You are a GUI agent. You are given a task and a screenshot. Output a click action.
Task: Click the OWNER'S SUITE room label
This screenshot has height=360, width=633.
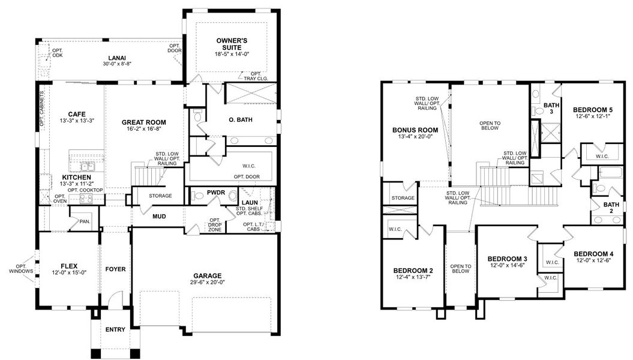point(232,43)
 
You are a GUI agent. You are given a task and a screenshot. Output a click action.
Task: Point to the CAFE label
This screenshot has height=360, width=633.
point(76,114)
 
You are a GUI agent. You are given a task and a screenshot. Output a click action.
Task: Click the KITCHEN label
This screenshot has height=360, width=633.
point(76,178)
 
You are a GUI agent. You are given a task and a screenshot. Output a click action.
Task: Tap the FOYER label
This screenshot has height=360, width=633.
point(115,269)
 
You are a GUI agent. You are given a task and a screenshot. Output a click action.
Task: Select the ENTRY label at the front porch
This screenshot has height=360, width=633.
point(115,329)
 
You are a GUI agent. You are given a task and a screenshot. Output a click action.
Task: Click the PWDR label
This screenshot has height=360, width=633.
point(215,193)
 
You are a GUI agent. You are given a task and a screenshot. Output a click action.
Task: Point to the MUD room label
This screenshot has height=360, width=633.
point(159,217)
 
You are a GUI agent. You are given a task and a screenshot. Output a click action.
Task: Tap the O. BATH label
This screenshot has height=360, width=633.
point(241,119)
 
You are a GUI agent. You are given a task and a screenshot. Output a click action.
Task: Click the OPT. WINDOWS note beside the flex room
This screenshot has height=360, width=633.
point(22,269)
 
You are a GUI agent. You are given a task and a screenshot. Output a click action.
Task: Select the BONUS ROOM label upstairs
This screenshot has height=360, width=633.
point(415,130)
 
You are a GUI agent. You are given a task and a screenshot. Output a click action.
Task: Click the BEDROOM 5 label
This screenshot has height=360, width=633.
point(593,110)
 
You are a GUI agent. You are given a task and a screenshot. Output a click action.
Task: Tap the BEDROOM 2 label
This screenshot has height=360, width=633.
point(414,270)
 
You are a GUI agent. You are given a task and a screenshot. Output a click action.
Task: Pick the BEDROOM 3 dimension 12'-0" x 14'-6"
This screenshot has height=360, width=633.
point(507,265)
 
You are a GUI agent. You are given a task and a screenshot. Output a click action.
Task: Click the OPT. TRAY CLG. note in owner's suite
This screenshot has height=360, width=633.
point(258,76)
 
